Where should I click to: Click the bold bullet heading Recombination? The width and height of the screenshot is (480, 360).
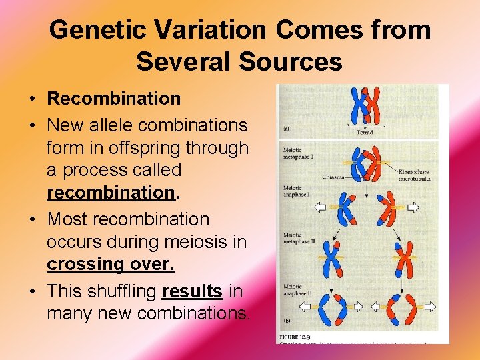(x=113, y=99)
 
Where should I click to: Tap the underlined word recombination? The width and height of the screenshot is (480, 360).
(x=110, y=193)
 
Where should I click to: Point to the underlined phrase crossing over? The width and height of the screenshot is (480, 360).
(x=110, y=264)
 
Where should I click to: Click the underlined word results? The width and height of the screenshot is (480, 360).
(x=192, y=291)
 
